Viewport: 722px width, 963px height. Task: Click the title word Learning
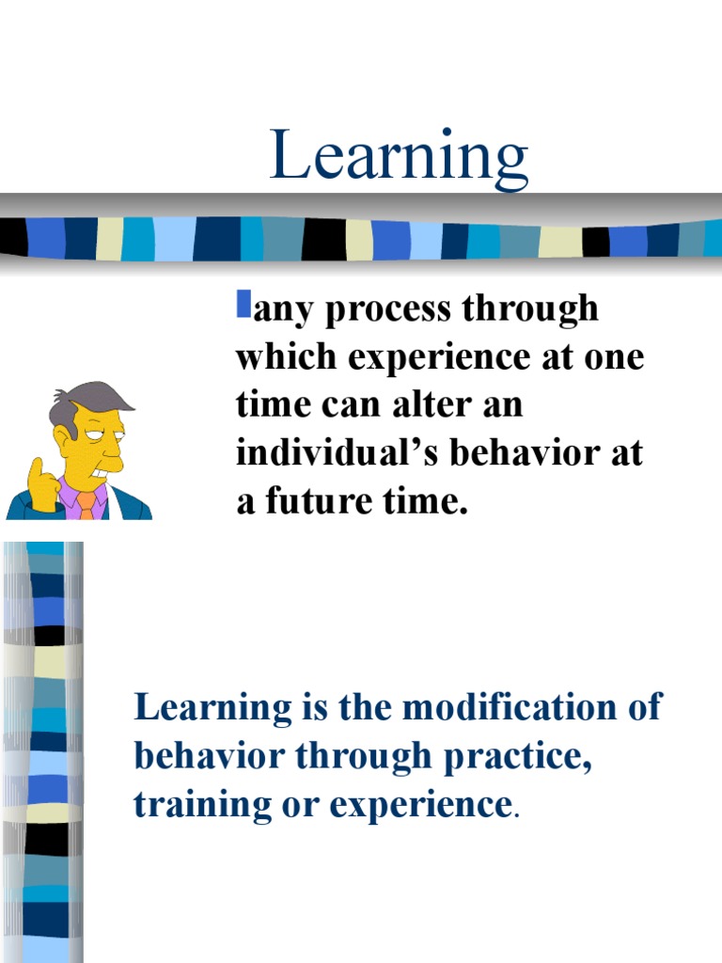[x=399, y=157]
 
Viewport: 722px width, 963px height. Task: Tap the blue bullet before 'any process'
[x=243, y=305]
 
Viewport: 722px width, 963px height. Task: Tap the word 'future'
[x=319, y=500]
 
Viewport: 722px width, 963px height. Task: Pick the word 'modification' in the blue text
[x=510, y=706]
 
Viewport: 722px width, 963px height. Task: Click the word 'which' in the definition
[x=287, y=356]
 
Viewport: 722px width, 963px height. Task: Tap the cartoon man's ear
[x=66, y=436]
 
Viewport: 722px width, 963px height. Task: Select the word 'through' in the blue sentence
[x=364, y=757]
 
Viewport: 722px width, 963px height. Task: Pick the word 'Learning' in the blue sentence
[x=213, y=707]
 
